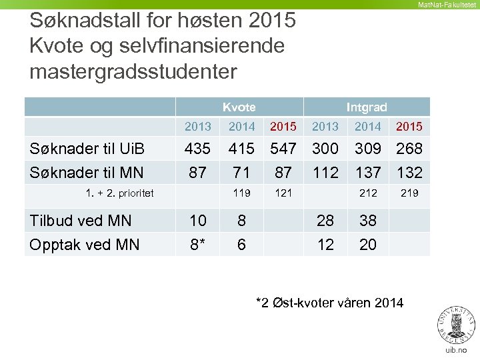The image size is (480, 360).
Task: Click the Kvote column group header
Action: tap(239, 107)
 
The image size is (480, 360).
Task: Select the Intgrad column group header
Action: tap(367, 107)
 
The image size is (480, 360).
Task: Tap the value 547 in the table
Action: tap(283, 149)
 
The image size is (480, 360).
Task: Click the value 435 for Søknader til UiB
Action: tap(197, 149)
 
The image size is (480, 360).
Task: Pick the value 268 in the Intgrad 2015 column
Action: tap(409, 149)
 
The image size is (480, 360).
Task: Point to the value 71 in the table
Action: tap(241, 173)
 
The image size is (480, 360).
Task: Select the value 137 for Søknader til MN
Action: tap(367, 173)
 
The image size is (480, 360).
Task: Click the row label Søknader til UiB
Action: tap(87, 149)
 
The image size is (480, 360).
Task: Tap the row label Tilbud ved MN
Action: tap(81, 221)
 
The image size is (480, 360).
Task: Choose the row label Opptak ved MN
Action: tap(85, 245)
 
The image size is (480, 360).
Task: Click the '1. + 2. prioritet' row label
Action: tap(120, 193)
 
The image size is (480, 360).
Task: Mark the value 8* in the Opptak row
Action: tap(197, 245)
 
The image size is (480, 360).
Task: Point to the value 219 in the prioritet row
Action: tap(409, 193)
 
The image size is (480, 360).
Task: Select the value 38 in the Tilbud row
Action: tap(367, 221)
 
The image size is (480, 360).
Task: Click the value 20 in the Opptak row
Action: tap(367, 245)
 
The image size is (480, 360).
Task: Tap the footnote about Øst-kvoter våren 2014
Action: tap(329, 303)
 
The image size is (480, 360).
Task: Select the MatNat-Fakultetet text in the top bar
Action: tap(446, 5)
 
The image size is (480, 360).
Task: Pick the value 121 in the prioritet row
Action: tap(283, 193)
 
